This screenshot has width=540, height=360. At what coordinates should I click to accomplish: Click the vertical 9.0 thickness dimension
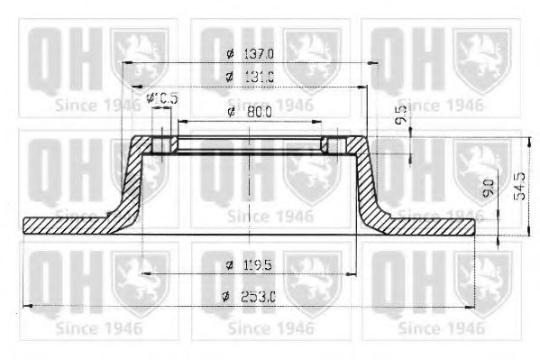click(x=488, y=189)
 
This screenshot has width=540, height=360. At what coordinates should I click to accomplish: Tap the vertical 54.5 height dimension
click(x=518, y=186)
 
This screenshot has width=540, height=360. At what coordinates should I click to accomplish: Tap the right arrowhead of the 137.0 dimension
click(x=371, y=62)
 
